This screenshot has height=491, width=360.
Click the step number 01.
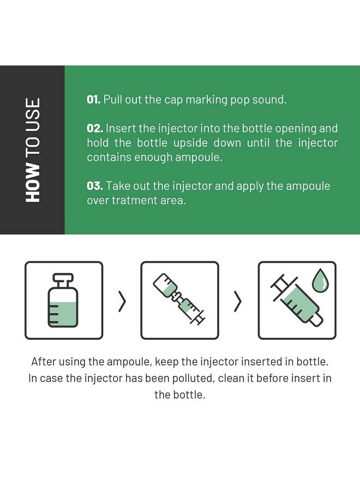[x=94, y=100]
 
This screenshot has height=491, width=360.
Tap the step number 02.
[x=95, y=128]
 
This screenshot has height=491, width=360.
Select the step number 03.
[x=95, y=185]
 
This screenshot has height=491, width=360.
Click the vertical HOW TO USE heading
[x=33, y=150]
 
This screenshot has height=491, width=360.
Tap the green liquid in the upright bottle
[x=63, y=314]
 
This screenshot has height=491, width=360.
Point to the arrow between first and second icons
[x=122, y=301]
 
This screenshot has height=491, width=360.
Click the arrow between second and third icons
[x=238, y=301]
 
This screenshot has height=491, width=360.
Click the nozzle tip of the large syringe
[x=318, y=321]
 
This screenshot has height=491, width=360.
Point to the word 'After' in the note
[x=43, y=362]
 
